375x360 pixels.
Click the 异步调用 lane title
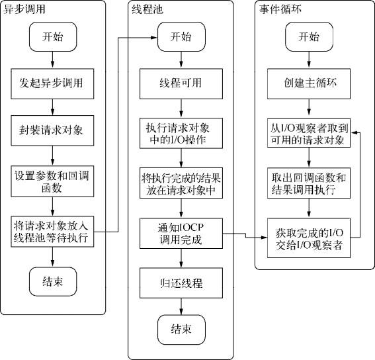[24, 9]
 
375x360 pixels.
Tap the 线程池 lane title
[147, 9]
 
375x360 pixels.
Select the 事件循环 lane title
[280, 9]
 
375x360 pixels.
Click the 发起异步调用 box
[52, 84]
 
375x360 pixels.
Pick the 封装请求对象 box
[52, 130]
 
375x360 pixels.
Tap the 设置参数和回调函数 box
[52, 181]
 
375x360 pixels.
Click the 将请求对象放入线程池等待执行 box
[52, 232]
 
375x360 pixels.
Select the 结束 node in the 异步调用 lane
[53, 281]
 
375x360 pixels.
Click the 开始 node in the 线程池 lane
[181, 37]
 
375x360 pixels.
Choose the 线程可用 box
[181, 84]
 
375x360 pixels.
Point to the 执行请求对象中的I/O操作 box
[181, 133]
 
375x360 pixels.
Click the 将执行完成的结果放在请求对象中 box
[181, 183]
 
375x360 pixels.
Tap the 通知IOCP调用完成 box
[181, 233]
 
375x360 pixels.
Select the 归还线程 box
[181, 283]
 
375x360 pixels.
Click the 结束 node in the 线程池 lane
[181, 330]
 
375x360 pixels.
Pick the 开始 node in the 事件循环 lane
[310, 37]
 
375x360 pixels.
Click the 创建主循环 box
[309, 84]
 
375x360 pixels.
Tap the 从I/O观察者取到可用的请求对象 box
[309, 133]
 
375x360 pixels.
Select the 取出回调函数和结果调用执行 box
[309, 183]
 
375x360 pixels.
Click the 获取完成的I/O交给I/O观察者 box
[309, 238]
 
